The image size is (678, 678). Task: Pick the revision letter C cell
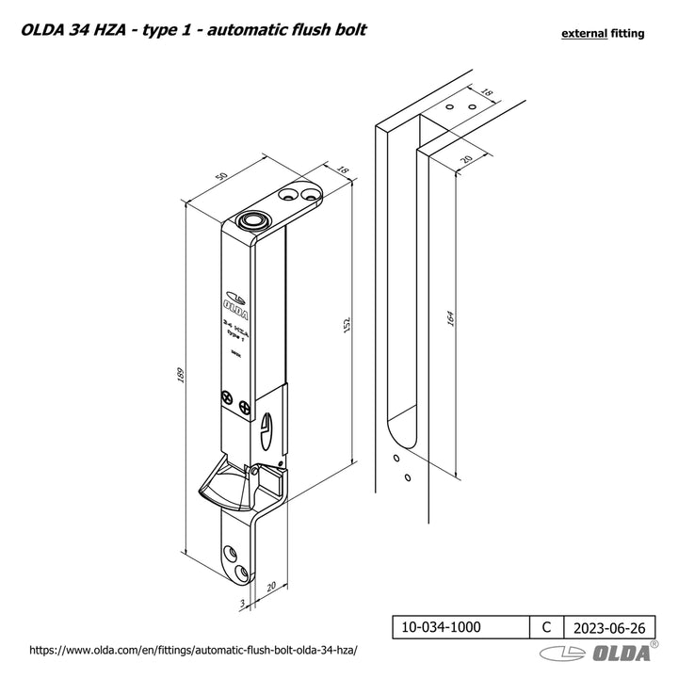pyautogui.click(x=546, y=625)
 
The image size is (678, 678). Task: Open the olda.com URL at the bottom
pyautogui.click(x=196, y=651)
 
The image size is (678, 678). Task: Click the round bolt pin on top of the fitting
pyautogui.click(x=252, y=223)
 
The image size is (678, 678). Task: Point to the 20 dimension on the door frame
pyautogui.click(x=466, y=160)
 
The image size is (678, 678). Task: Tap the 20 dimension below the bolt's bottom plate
pyautogui.click(x=271, y=586)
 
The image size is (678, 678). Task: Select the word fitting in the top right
pyautogui.click(x=627, y=33)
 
